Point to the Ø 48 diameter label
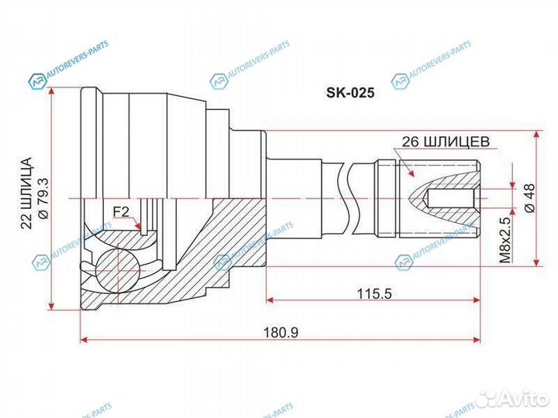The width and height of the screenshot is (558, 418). pyautogui.click(x=530, y=198)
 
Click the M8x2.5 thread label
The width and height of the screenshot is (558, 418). pyautogui.click(x=505, y=239)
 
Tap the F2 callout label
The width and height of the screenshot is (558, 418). pyautogui.click(x=120, y=211)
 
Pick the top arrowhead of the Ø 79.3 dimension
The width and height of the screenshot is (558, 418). pyautogui.click(x=53, y=92)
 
